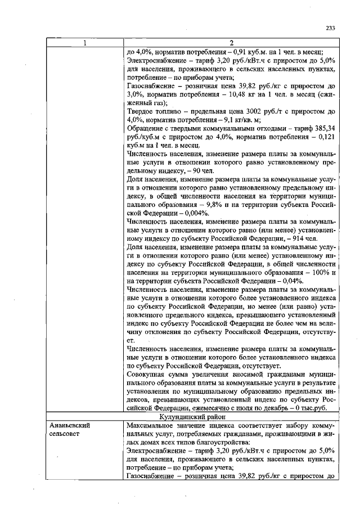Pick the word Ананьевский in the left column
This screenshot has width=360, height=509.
(x=70, y=426)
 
